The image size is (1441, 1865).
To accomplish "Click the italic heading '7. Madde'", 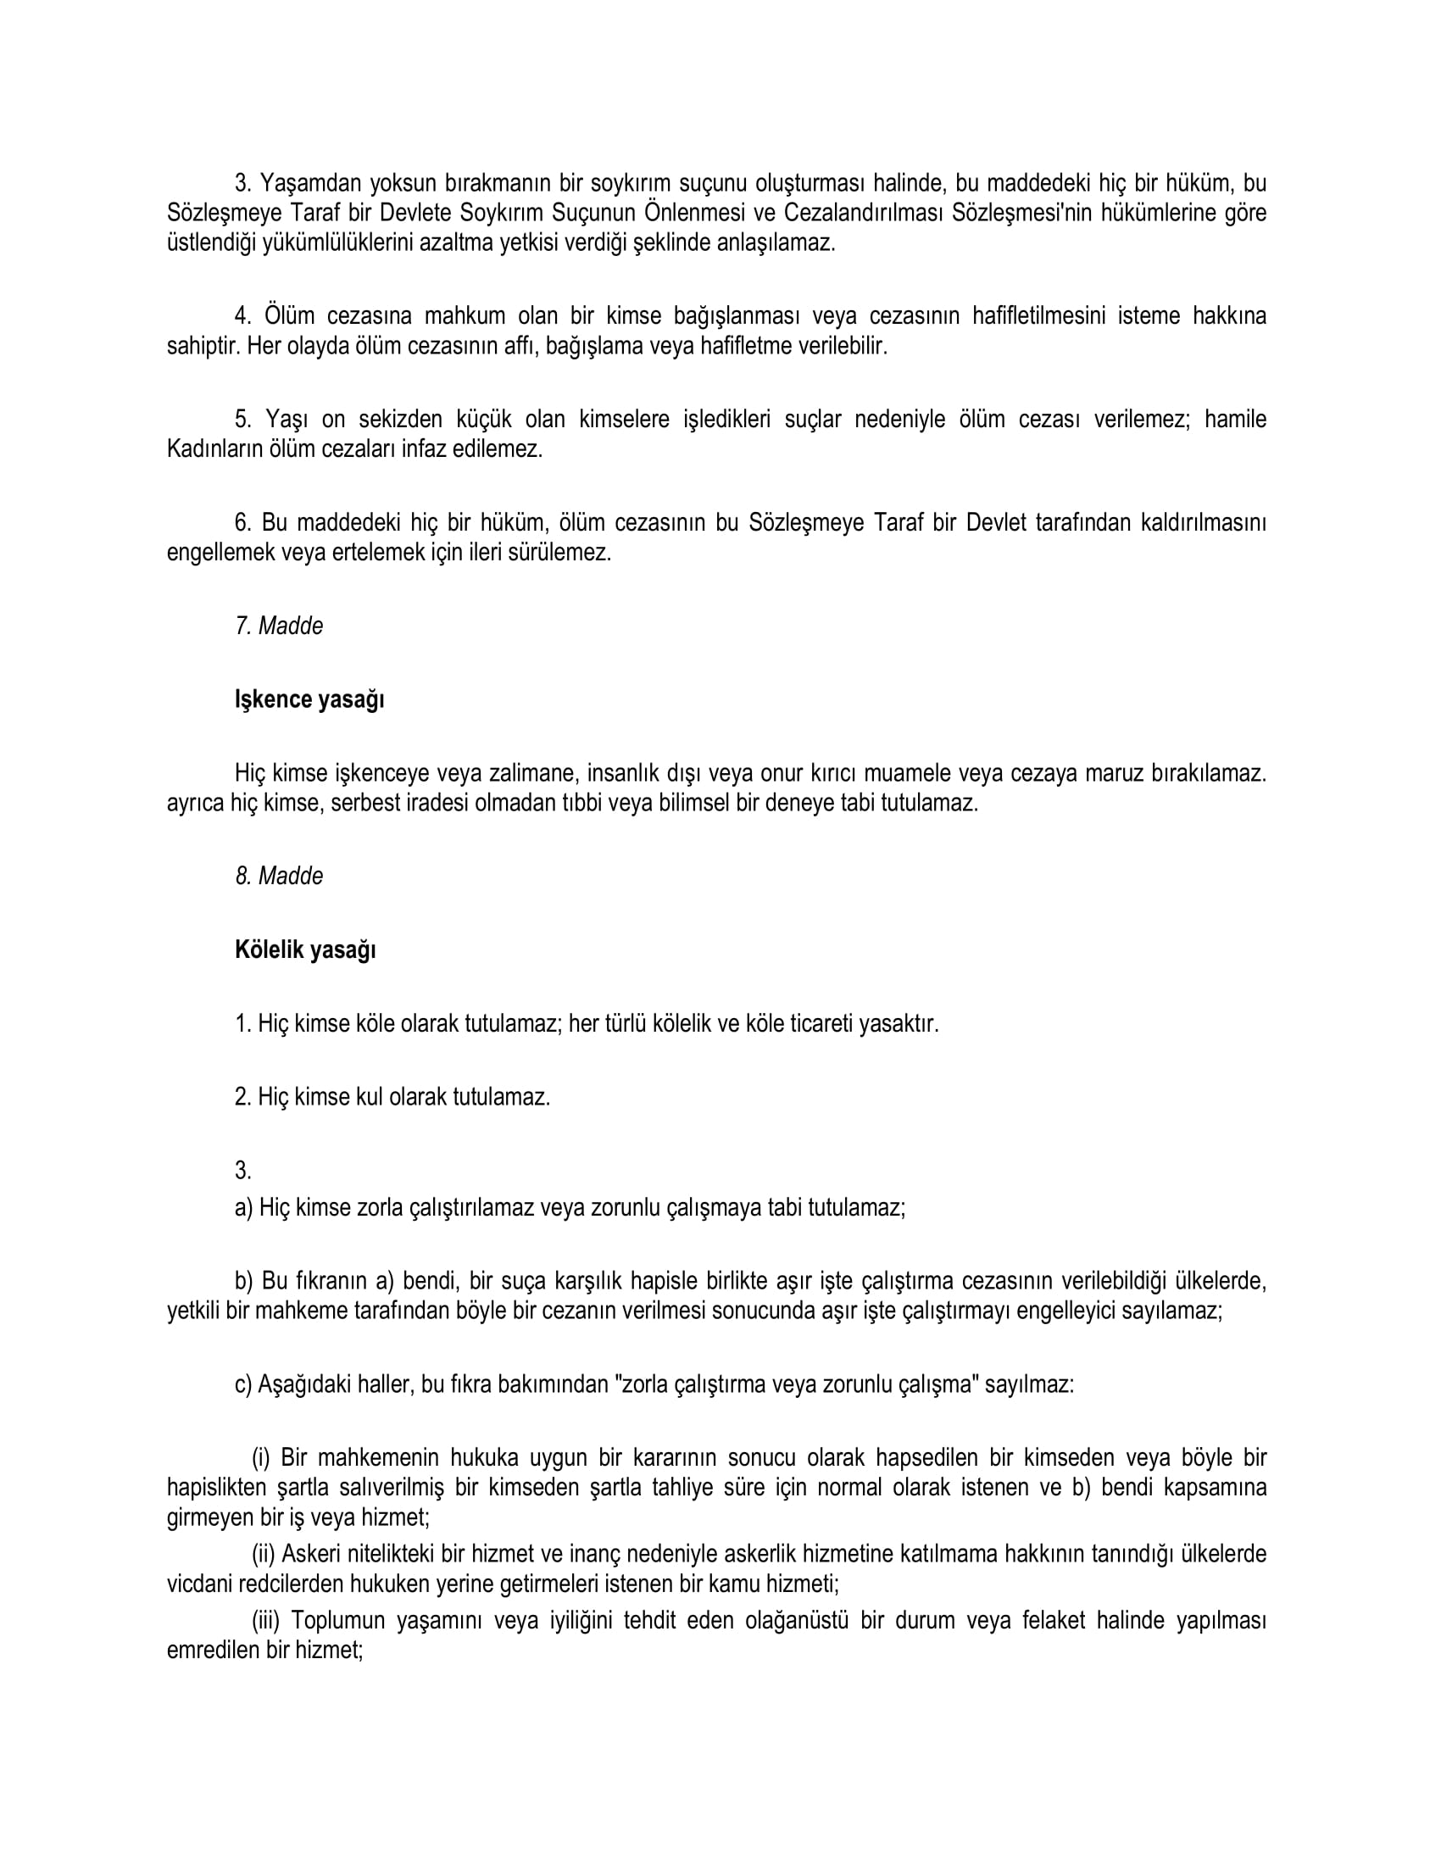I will (x=279, y=626).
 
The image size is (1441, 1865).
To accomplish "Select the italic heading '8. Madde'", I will (x=279, y=877).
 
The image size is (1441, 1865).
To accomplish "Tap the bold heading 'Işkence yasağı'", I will (x=309, y=699).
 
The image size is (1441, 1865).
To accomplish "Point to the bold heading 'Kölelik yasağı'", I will (x=305, y=949).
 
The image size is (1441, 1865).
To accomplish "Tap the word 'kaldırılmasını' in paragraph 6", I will (x=1203, y=522).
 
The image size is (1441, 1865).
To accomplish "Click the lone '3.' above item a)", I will (x=243, y=1171).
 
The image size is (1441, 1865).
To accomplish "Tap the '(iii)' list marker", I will (x=265, y=1620).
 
